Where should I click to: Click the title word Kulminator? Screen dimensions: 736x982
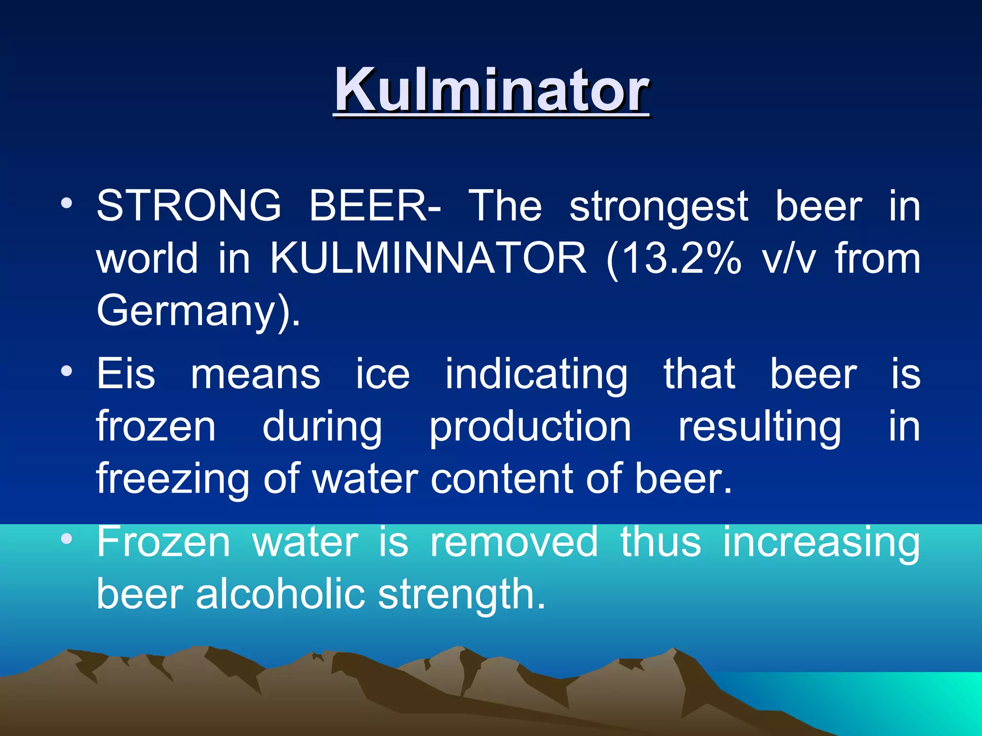point(491,90)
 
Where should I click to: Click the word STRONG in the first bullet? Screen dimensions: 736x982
point(189,206)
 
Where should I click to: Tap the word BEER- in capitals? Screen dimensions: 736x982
point(374,206)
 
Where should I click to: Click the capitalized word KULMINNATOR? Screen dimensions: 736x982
point(428,259)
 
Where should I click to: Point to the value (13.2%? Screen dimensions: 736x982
point(674,259)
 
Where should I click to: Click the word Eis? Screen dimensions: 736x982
point(126,374)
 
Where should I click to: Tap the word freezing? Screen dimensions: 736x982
point(173,479)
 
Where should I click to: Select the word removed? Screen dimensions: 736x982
point(514,542)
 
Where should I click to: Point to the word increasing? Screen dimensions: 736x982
point(821,543)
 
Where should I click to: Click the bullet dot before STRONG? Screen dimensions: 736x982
point(67,203)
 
